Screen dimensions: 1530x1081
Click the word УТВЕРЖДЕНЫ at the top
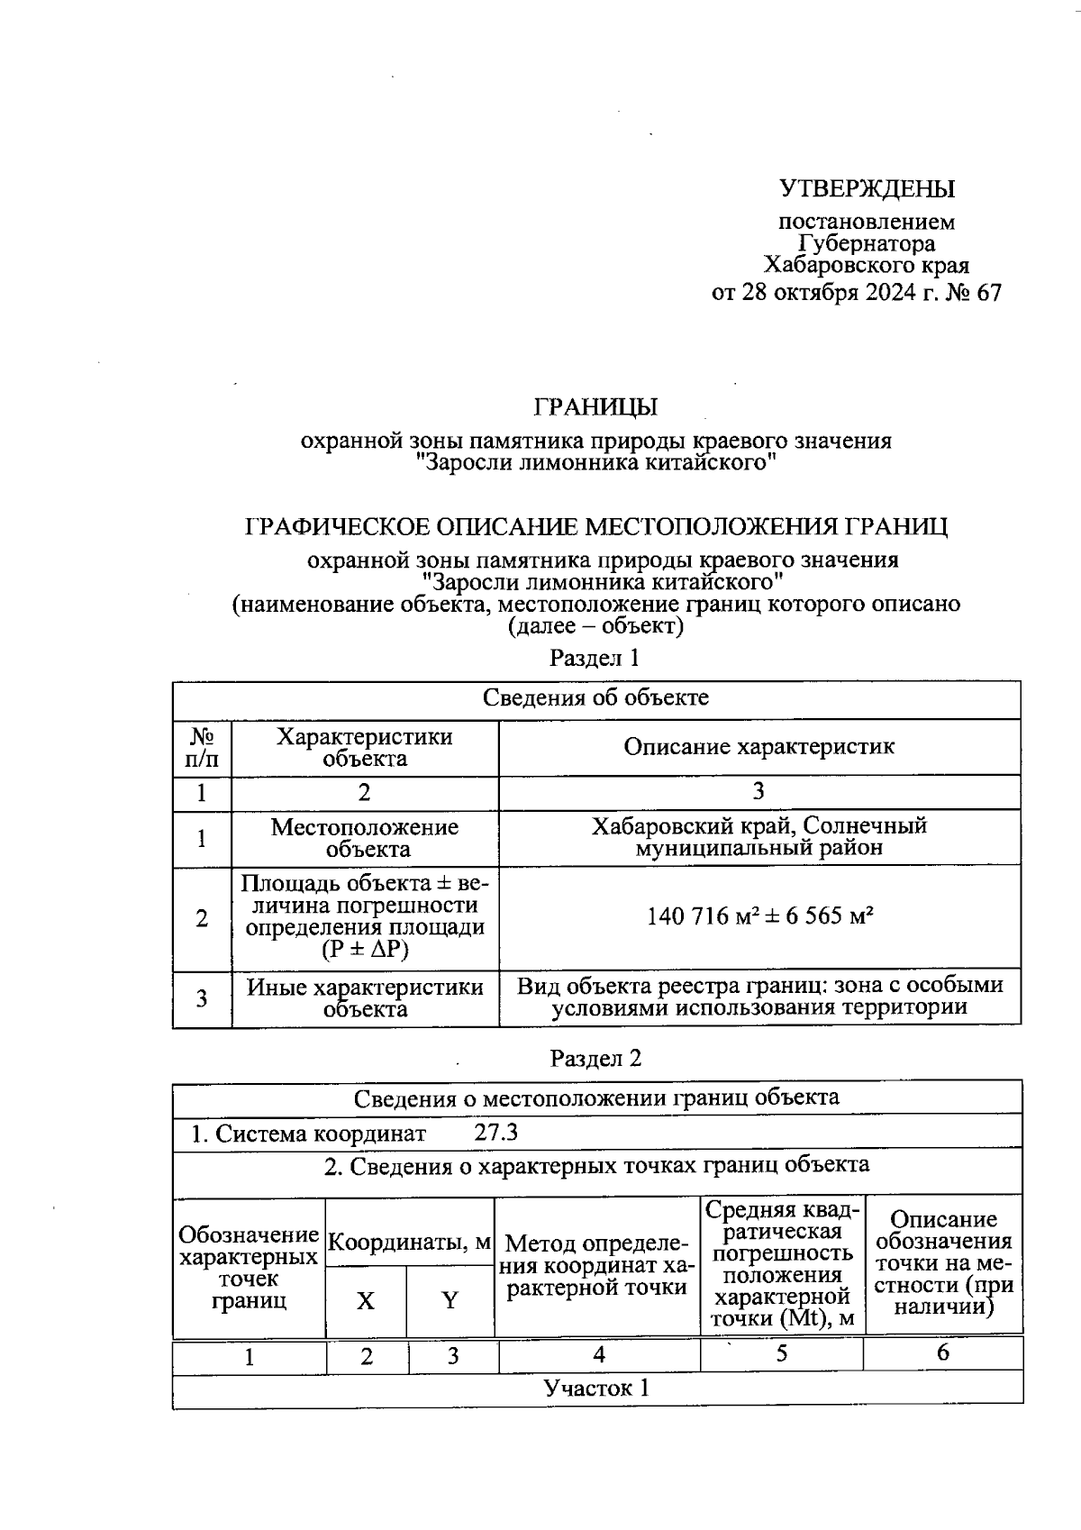point(866,188)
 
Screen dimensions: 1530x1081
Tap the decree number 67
point(987,293)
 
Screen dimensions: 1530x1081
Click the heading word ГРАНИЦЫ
point(595,406)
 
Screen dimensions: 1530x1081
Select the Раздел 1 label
point(595,658)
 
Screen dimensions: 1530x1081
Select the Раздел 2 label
point(595,1058)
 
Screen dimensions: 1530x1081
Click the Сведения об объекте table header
point(595,697)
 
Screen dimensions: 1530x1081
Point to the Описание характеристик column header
point(759,746)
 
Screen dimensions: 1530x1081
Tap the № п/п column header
point(202,747)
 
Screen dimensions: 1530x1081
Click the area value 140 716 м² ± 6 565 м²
point(759,916)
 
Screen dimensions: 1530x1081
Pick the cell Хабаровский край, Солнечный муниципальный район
point(759,836)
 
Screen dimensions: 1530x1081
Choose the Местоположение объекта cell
point(365,838)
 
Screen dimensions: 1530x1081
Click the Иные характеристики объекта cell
point(365,997)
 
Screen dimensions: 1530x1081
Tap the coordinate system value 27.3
point(495,1133)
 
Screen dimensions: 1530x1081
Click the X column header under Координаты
point(365,1300)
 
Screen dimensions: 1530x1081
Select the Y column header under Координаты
point(450,1300)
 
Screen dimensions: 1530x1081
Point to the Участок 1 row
point(595,1388)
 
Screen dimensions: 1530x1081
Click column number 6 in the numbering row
point(942,1352)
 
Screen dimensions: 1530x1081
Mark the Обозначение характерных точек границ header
point(249,1267)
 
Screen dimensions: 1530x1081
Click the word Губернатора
point(866,243)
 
